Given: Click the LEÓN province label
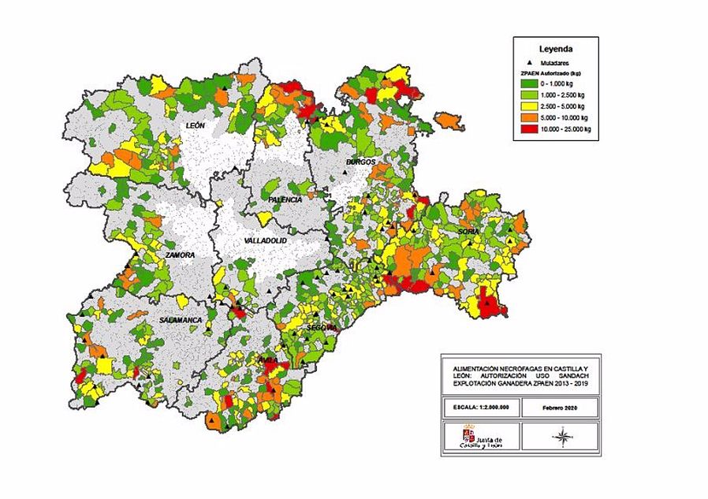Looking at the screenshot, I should [196, 126].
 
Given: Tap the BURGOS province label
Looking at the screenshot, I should [360, 162].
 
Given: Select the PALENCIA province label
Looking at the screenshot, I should [285, 200].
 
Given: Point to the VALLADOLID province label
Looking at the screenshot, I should [266, 240].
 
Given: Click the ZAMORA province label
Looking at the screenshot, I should [180, 255].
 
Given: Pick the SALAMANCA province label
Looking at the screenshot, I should [181, 320].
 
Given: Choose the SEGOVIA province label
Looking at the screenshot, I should [322, 326].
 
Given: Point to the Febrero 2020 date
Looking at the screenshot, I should [561, 408].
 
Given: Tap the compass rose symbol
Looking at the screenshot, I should [562, 435].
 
